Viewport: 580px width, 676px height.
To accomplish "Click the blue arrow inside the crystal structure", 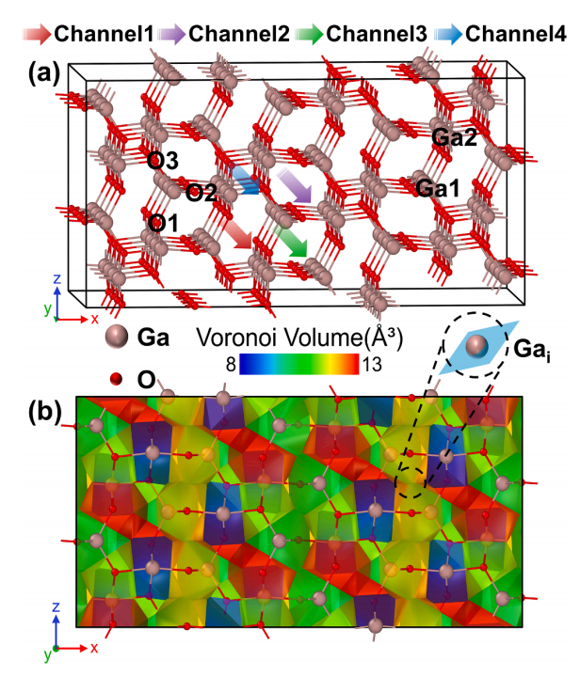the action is coord(245,180).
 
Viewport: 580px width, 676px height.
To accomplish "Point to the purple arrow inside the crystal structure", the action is coord(295,185).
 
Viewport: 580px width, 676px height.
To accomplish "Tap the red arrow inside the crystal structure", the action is coord(237,234).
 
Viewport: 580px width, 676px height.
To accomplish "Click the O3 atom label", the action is coord(162,161).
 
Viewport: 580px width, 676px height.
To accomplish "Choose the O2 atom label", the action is coord(201,193).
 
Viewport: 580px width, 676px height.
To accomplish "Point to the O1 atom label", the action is coord(163,224).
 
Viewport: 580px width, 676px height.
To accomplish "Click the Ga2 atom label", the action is coord(454,137).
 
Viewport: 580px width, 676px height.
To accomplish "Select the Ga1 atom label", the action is coord(438,188).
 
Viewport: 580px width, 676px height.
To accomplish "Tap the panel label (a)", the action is coord(44,72).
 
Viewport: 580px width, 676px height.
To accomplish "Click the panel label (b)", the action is coord(45,413).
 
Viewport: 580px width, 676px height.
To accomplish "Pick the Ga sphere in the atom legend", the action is coord(117,337).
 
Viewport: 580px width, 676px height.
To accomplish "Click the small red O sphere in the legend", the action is coord(116,379).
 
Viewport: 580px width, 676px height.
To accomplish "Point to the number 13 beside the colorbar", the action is coord(372,365).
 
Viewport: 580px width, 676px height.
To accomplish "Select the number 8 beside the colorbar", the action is coord(231,365).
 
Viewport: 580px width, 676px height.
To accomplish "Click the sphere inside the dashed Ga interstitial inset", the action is coord(476,345).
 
